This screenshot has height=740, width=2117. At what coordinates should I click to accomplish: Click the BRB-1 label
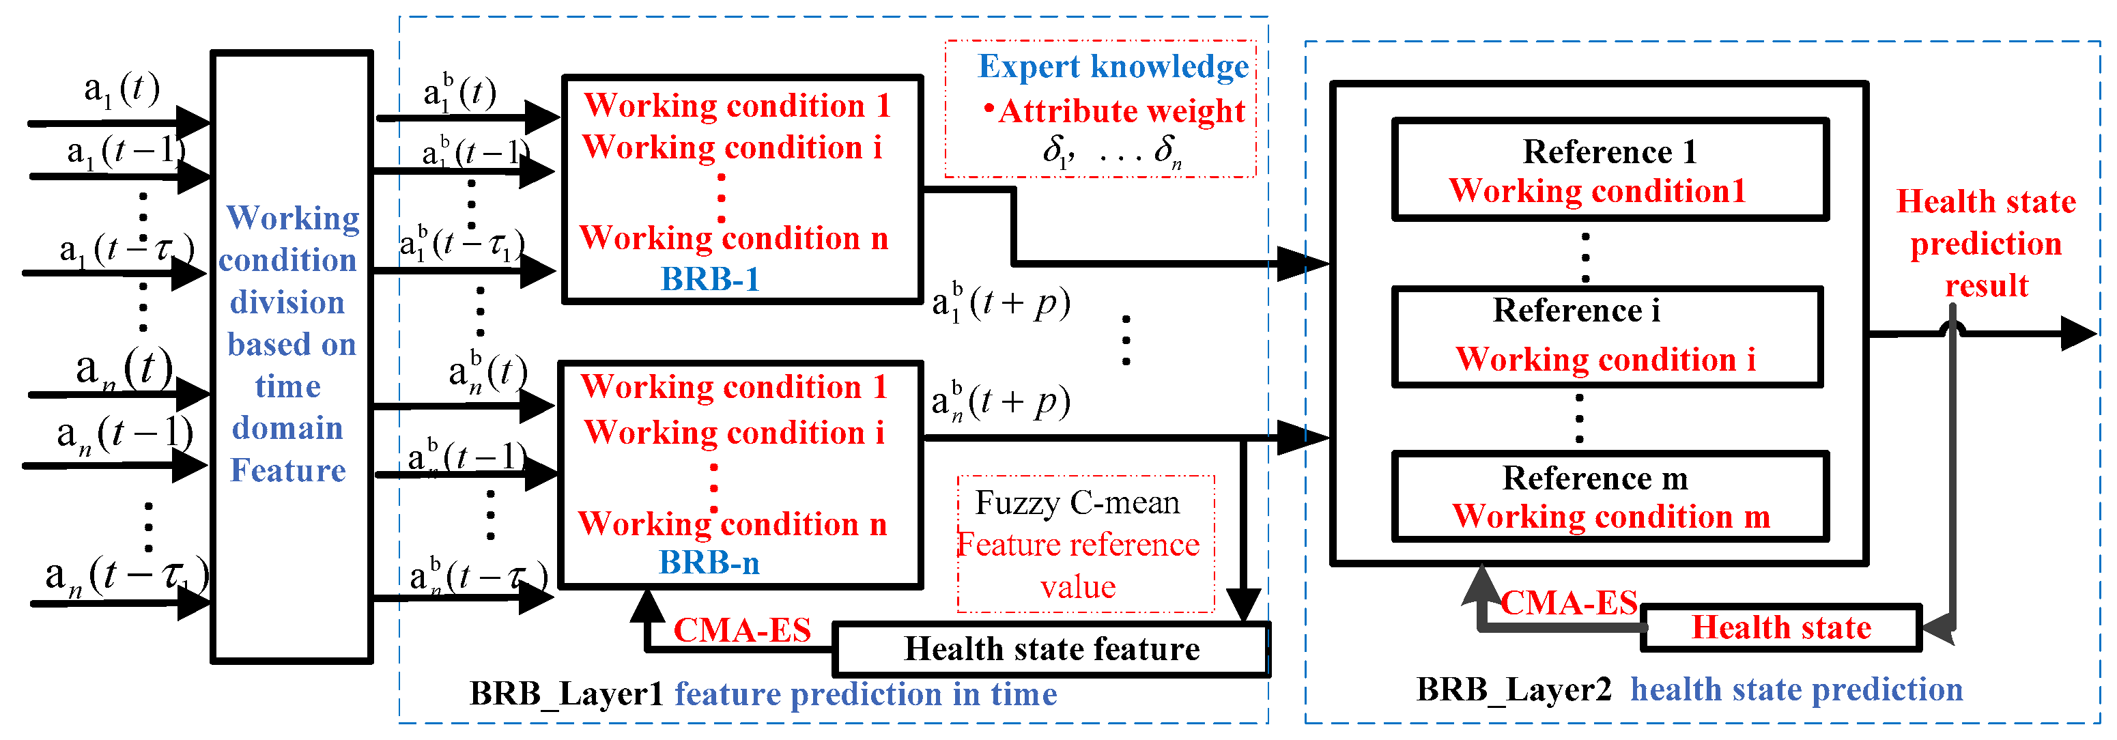pos(710,280)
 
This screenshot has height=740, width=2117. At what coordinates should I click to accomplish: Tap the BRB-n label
pos(709,563)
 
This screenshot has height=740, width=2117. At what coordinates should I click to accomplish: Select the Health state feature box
pos(1052,650)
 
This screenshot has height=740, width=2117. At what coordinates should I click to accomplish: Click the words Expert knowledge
pos(1113,68)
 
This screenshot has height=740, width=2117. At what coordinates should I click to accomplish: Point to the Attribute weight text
pos(1121,111)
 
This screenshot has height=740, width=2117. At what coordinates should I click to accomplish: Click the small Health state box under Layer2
pos(1781,628)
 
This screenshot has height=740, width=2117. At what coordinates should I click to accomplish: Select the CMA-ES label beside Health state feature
pos(742,631)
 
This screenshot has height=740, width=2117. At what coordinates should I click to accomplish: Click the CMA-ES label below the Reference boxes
pos(1569,603)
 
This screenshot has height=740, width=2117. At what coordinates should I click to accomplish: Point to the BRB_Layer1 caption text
pos(565,695)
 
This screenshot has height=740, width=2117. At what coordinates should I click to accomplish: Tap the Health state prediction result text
pos(1987,244)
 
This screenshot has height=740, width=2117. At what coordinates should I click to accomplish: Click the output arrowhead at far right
pos(2079,334)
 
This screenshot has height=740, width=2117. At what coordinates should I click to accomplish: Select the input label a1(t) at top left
pos(122,89)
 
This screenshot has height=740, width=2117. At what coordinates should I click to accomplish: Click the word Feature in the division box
pos(287,470)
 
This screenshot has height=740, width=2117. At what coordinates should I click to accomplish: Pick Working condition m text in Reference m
pos(1610,516)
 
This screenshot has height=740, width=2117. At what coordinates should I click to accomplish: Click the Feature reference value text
pos(1078,566)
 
